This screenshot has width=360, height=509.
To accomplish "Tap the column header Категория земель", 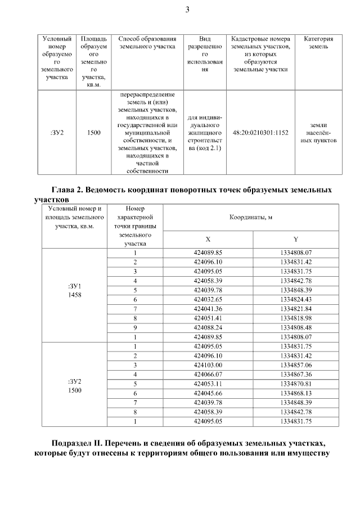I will click(x=318, y=43).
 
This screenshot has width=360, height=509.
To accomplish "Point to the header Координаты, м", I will click(x=251, y=217).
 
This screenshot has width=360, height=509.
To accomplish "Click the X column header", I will click(x=208, y=239).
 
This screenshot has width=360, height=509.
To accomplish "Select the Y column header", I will click(x=295, y=239).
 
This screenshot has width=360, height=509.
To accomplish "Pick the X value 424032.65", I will click(x=208, y=299).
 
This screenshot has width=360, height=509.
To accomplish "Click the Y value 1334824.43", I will click(x=295, y=299).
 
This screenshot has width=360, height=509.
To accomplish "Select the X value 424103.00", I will click(x=208, y=365).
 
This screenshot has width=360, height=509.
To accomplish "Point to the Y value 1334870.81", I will click(x=295, y=384).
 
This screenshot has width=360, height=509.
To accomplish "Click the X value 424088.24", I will click(x=208, y=326).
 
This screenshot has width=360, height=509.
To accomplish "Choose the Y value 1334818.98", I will click(x=295, y=317).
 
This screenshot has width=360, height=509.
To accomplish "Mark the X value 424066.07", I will click(x=208, y=375).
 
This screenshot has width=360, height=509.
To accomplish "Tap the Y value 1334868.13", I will click(x=295, y=393).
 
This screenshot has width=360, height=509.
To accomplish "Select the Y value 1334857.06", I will click(x=295, y=365).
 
